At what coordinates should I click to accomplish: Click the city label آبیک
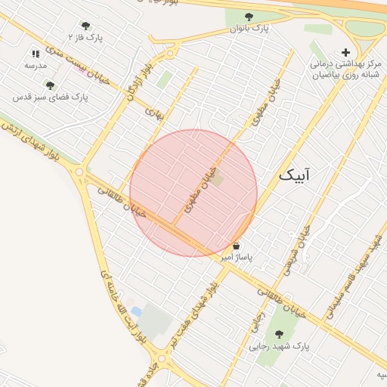pyautogui.click(x=294, y=175)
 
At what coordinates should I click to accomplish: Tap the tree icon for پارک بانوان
pyautogui.click(x=249, y=17)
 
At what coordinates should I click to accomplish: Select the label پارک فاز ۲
pyautogui.click(x=85, y=36)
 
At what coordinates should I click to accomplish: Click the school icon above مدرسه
pyautogui.click(x=36, y=54)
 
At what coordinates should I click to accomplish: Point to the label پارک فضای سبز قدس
pyautogui.click(x=50, y=98)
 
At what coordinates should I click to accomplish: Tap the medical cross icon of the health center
pyautogui.click(x=345, y=52)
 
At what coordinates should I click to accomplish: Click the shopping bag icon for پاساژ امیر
pyautogui.click(x=237, y=246)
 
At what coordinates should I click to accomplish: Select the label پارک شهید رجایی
pyautogui.click(x=279, y=347)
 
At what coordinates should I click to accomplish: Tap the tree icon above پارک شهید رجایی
pyautogui.click(x=279, y=334)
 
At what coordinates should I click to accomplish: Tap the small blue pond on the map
pyautogui.click(x=136, y=311)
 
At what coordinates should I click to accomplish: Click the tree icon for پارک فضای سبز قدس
pyautogui.click(x=50, y=85)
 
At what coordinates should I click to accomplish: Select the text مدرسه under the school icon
pyautogui.click(x=36, y=66)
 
